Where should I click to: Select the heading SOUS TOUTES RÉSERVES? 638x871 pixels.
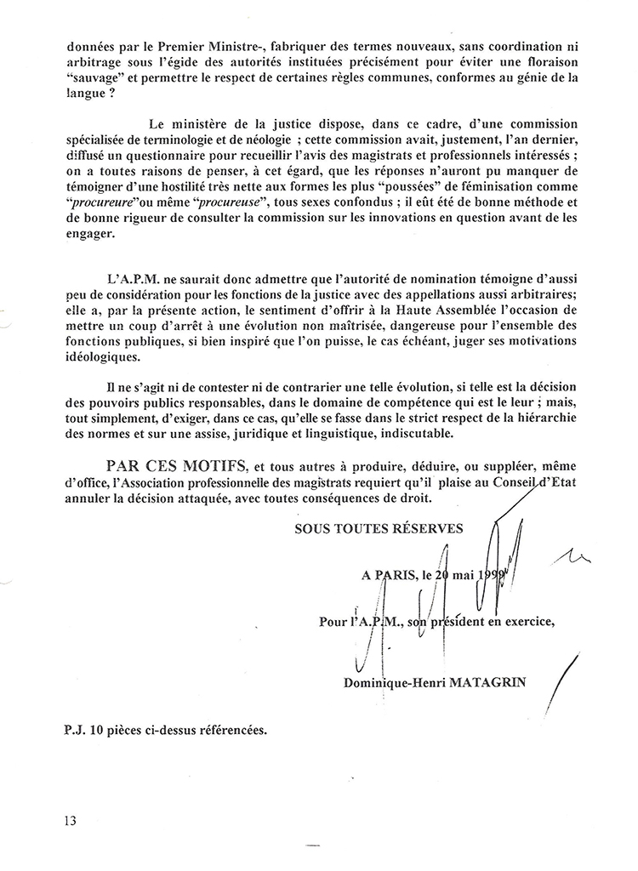click(x=379, y=528)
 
